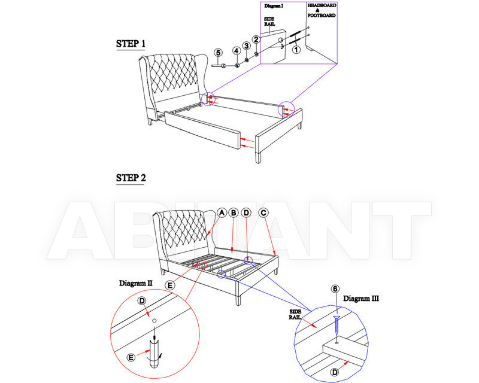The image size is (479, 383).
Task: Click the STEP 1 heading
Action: pyautogui.click(x=131, y=44)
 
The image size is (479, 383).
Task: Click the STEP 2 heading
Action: pyautogui.click(x=131, y=178)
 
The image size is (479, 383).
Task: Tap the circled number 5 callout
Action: pyautogui.click(x=218, y=53)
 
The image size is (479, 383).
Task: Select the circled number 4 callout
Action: pyautogui.click(x=237, y=51)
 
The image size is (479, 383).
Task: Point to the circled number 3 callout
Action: pyautogui.click(x=246, y=46)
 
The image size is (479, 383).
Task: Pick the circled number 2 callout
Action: pyautogui.click(x=256, y=39)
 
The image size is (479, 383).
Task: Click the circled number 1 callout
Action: pyautogui.click(x=296, y=49)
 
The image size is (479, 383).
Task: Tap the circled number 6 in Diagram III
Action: pyautogui.click(x=335, y=289)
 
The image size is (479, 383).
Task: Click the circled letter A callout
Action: pyautogui.click(x=222, y=212)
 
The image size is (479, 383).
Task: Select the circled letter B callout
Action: pyautogui.click(x=234, y=212)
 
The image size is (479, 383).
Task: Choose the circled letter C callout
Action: pyautogui.click(x=263, y=212)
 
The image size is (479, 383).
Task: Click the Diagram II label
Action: pyautogui.click(x=136, y=283)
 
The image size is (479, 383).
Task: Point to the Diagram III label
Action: pyautogui.click(x=361, y=299)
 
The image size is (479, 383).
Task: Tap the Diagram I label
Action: pyautogui.click(x=274, y=6)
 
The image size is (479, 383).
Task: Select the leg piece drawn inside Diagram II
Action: pyautogui.click(x=154, y=352)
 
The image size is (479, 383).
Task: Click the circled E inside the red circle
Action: pyautogui.click(x=131, y=357)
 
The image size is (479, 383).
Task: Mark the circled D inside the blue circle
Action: pyautogui.click(x=335, y=372)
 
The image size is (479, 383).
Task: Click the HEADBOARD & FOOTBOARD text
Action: pyautogui.click(x=322, y=10)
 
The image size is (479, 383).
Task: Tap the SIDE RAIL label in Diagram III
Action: pyautogui.click(x=295, y=314)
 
